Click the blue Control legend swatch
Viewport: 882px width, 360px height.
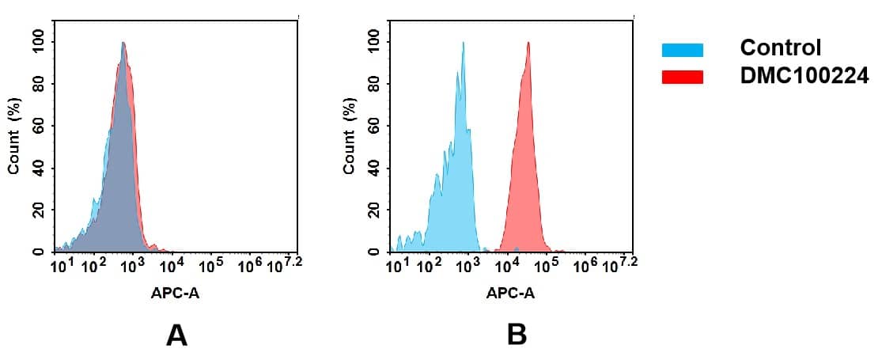click(x=682, y=51)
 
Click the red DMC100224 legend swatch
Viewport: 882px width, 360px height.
click(x=682, y=77)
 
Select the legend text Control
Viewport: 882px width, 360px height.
click(x=781, y=47)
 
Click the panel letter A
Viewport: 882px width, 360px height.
click(x=176, y=335)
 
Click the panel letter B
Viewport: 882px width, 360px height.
click(x=517, y=335)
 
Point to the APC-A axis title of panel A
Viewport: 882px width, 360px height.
click(x=176, y=294)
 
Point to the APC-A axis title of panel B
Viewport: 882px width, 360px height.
click(x=510, y=294)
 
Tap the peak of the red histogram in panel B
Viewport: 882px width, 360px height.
click(x=528, y=44)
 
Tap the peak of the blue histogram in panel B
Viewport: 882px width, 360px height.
click(x=463, y=44)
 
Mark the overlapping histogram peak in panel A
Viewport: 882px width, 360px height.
click(x=123, y=44)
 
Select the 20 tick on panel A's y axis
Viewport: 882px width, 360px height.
click(x=38, y=210)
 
